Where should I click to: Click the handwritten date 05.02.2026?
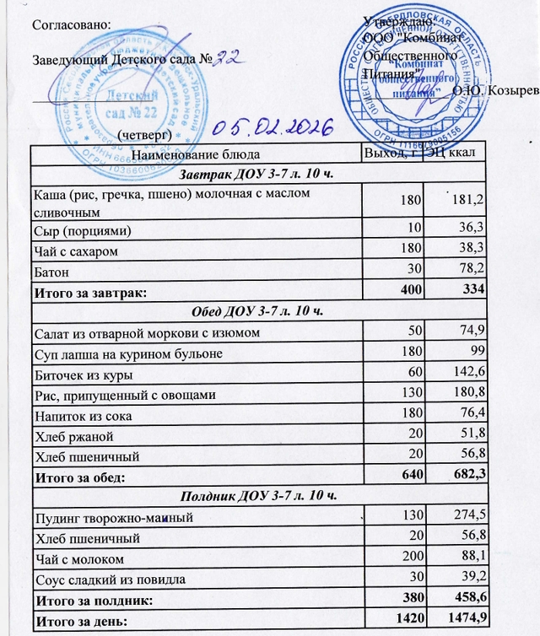pos(272,128)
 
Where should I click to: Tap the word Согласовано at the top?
pos(70,24)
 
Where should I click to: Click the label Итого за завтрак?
pos(89,293)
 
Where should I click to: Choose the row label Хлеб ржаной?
pos(73,436)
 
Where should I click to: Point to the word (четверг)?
pos(145,134)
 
